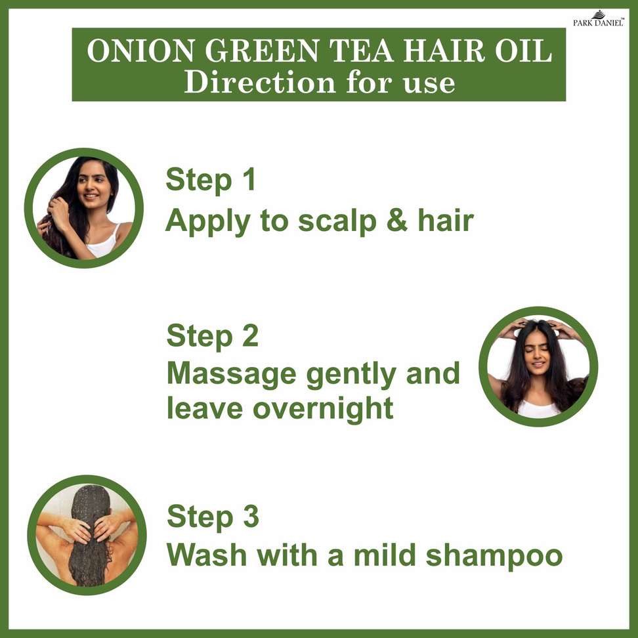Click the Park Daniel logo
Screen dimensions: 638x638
click(599, 19)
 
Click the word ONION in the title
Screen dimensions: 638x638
click(140, 51)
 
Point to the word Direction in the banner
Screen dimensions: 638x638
click(259, 82)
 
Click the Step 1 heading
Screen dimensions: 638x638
click(211, 180)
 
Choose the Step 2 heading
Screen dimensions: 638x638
click(213, 337)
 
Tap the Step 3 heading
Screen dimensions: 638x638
click(213, 517)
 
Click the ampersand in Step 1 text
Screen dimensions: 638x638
click(397, 221)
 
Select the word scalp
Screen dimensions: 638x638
click(337, 222)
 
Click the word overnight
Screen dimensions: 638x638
click(323, 409)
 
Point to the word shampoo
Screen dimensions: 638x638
click(494, 556)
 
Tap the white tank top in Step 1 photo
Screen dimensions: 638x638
click(102, 244)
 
